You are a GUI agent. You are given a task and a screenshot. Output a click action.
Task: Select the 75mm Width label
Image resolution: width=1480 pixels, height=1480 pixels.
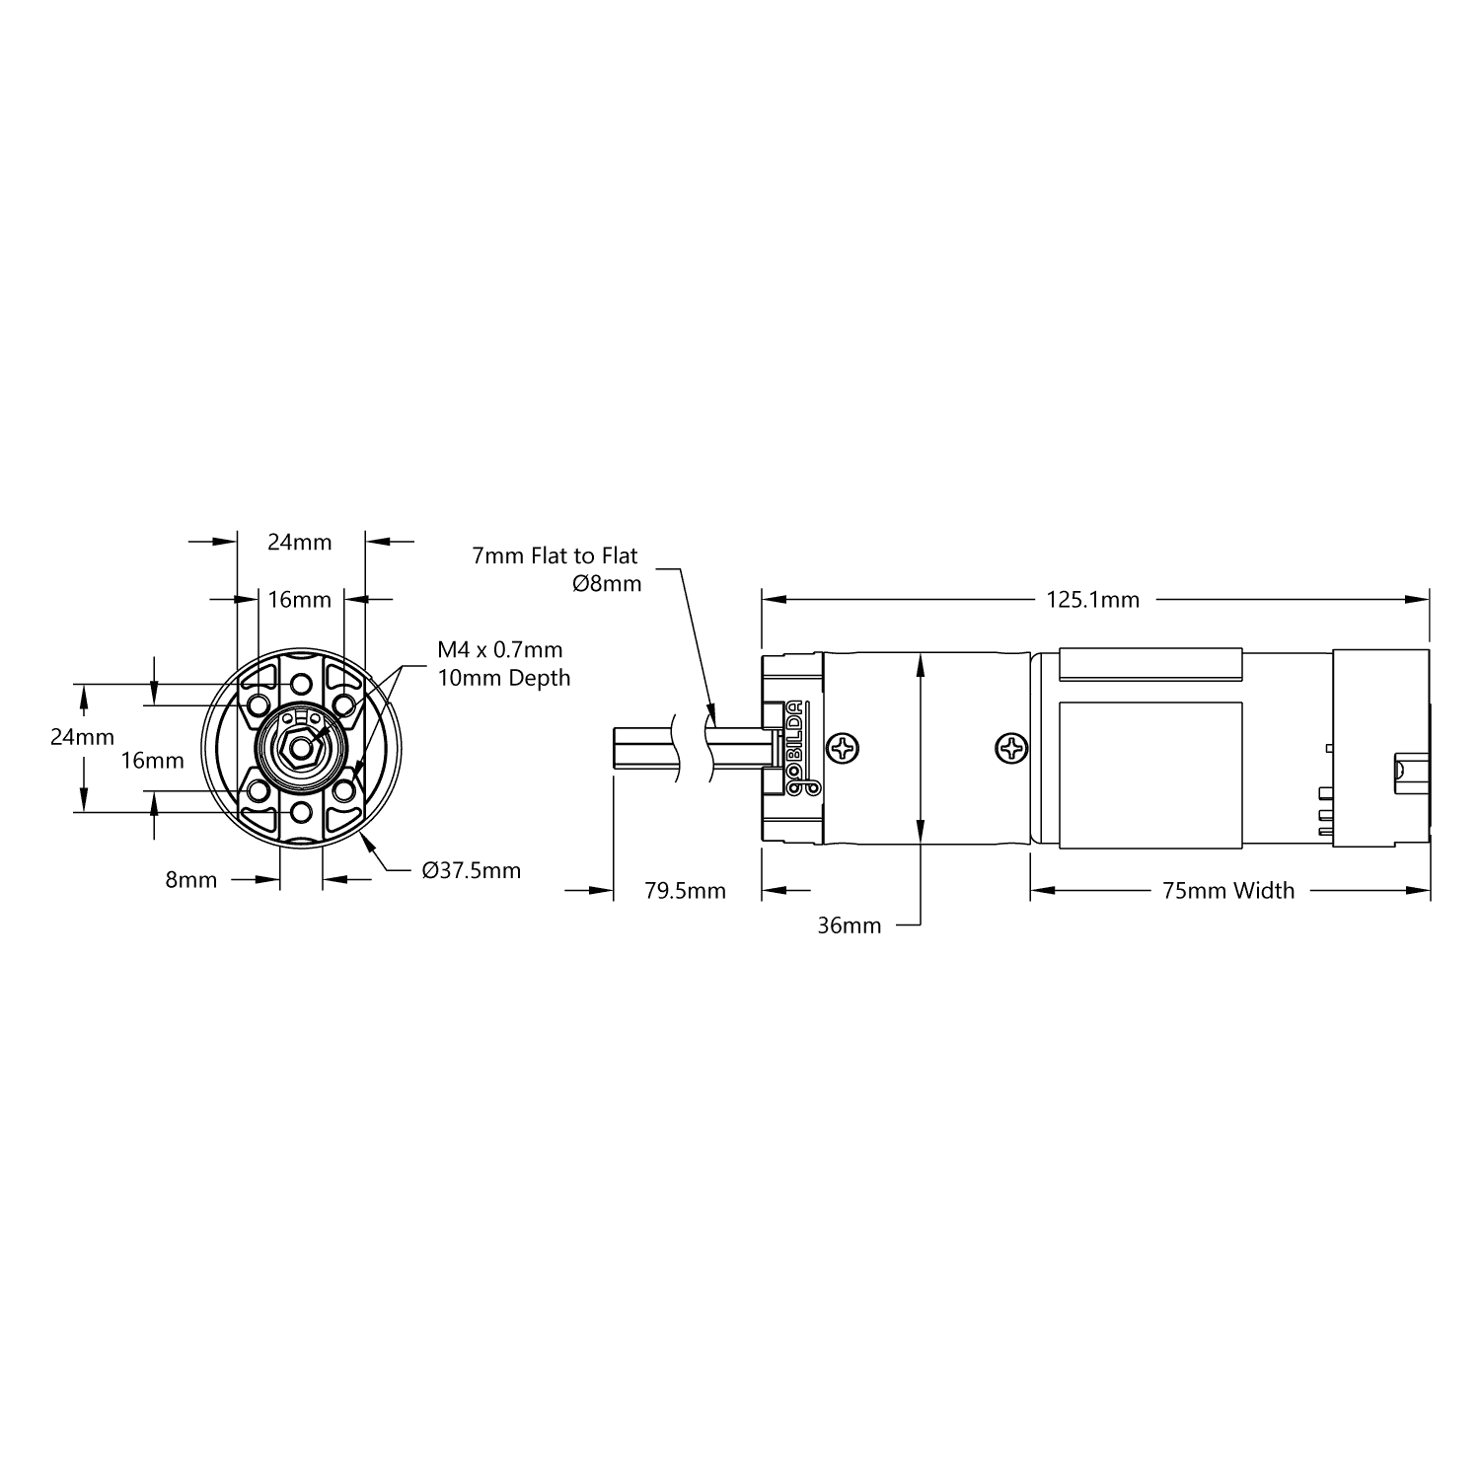point(1227,891)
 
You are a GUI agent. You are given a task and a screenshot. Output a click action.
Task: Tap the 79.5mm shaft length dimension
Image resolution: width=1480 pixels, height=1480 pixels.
point(685,891)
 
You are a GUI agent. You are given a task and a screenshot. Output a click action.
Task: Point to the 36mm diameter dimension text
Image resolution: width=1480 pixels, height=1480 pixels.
point(849,925)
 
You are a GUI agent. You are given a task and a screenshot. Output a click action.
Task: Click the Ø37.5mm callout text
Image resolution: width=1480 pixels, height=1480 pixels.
point(471,870)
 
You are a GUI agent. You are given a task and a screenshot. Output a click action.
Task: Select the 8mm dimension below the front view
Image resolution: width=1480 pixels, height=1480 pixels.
point(190,879)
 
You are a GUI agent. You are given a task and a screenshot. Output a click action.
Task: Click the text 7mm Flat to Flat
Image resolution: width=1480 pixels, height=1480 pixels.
point(555,555)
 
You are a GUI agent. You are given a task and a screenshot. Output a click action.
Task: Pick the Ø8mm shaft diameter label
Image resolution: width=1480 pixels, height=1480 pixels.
point(606,584)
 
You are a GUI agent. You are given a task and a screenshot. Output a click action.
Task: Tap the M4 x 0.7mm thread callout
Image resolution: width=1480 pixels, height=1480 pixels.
point(500,649)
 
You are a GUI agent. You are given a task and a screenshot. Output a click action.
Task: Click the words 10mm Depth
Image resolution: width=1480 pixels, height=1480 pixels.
point(503,678)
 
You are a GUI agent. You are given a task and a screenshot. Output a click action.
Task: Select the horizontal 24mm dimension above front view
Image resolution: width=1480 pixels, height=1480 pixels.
point(300,542)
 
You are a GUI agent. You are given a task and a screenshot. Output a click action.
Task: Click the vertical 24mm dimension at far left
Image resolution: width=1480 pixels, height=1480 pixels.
point(82,737)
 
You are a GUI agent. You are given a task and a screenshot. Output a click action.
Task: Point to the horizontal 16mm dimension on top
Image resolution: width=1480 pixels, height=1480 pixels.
point(300,599)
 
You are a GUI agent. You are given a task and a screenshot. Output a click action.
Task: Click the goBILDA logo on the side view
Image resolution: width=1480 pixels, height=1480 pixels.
point(796,748)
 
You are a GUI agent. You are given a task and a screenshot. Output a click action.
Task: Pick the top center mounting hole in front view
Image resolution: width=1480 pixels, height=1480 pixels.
point(301,684)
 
